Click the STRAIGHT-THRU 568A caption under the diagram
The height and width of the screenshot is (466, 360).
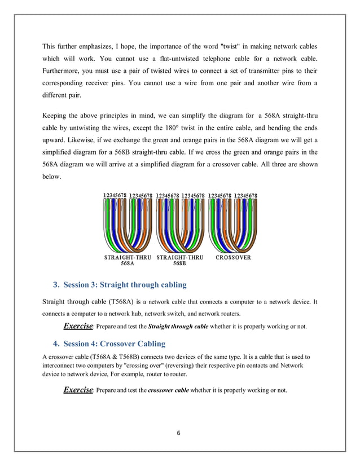127,261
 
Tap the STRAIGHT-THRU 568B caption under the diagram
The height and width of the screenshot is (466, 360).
179,261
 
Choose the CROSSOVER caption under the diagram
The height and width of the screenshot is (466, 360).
233,257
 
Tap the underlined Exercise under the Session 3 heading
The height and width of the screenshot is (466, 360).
77,326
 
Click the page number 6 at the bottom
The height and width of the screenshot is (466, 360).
179,433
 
